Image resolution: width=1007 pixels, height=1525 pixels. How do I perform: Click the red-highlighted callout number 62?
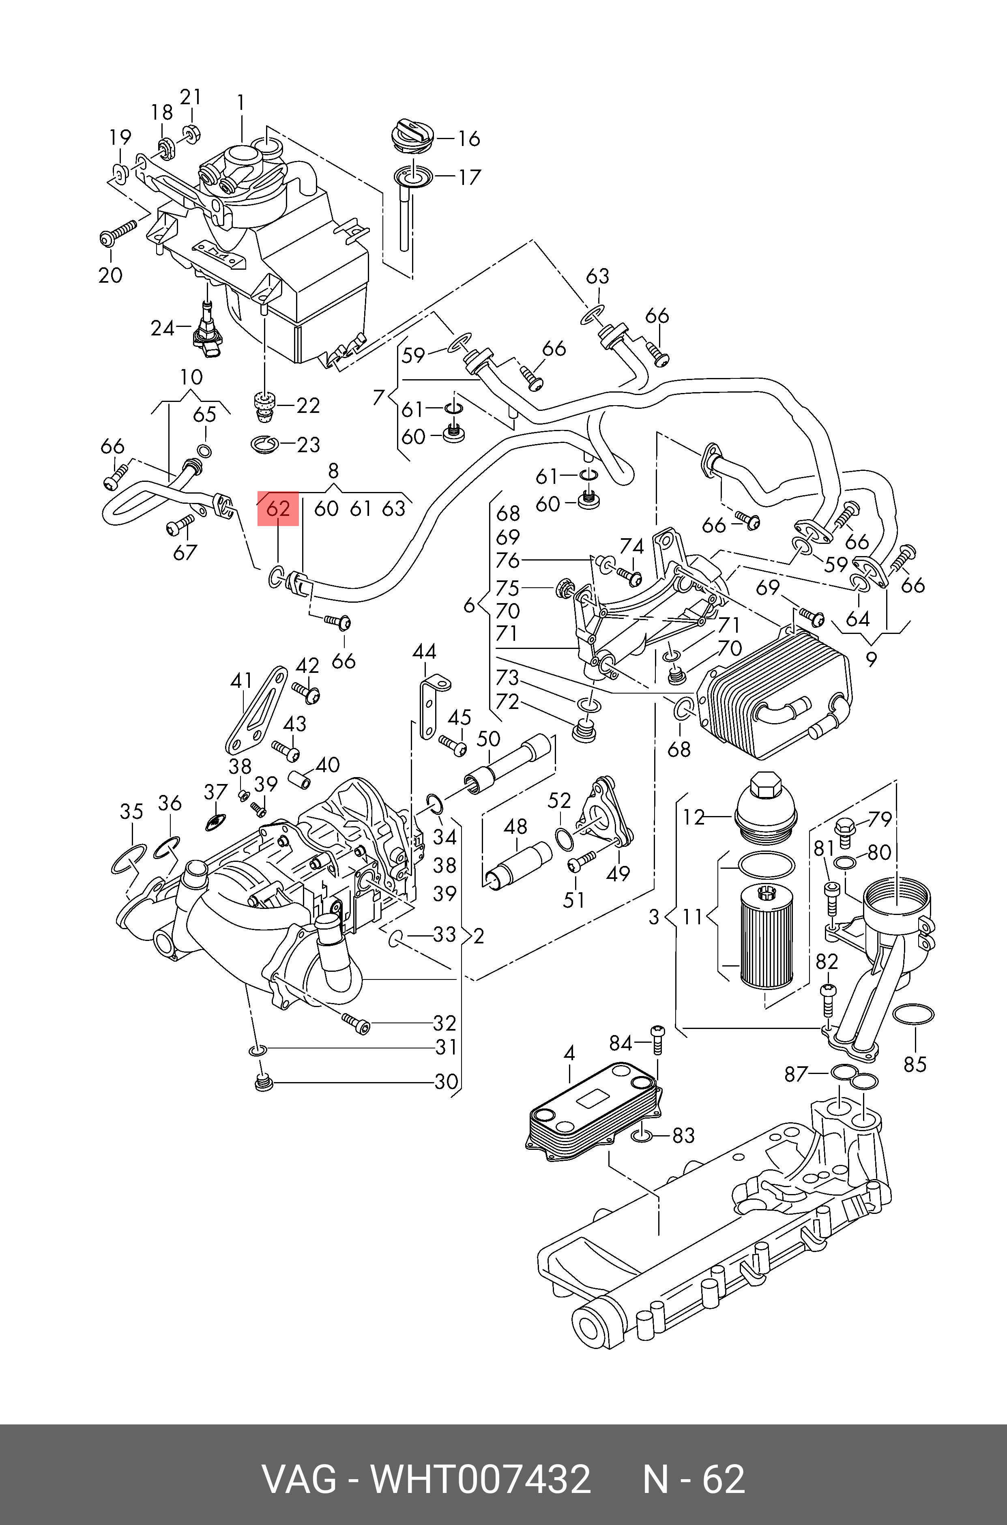pyautogui.click(x=278, y=509)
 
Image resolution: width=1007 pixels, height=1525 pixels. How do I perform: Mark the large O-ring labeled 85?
pyautogui.click(x=913, y=1014)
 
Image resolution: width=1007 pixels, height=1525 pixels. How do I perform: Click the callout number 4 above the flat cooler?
pyautogui.click(x=569, y=1053)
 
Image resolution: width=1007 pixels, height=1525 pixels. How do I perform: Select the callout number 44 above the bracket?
pyautogui.click(x=424, y=652)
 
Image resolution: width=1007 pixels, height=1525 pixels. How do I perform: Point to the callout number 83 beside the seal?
pyautogui.click(x=683, y=1135)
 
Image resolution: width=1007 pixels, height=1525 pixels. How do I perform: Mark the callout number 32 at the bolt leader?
pyautogui.click(x=444, y=1023)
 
